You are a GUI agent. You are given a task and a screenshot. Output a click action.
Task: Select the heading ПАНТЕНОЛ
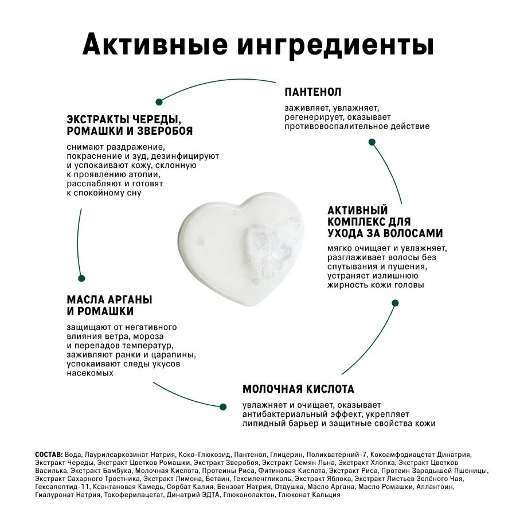coord(313,92)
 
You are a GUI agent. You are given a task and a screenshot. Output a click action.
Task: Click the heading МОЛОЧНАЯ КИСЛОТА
coord(298,389)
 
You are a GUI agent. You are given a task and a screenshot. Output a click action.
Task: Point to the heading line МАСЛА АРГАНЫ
coord(110,300)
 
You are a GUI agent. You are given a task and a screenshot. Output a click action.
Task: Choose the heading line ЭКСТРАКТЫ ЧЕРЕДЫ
coord(124,119)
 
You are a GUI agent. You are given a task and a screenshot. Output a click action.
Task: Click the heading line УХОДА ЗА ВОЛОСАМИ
coord(385,233)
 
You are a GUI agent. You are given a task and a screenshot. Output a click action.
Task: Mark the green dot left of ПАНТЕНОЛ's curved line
coord(159,102)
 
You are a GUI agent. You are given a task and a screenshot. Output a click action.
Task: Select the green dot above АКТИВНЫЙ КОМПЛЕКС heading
coord(372,142)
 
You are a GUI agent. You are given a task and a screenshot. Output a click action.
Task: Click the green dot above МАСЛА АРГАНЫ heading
coord(81,278)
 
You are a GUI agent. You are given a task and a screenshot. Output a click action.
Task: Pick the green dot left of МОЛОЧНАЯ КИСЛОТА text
coord(223,406)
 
